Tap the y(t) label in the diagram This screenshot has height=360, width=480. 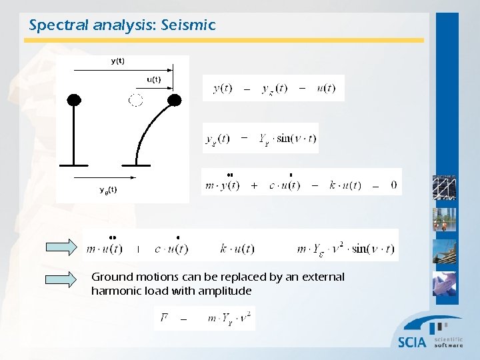click(x=117, y=61)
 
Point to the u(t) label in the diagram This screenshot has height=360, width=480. click(x=153, y=80)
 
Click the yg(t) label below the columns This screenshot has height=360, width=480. click(x=108, y=190)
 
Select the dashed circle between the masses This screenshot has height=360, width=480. click(x=135, y=100)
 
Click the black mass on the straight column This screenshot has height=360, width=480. click(x=74, y=100)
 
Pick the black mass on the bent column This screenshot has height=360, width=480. click(x=174, y=100)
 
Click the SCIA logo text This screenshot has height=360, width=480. click(x=411, y=342)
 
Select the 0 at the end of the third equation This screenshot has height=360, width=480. click(x=393, y=185)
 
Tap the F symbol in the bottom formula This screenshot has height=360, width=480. click(x=163, y=318)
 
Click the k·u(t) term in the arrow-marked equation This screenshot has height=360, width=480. click(x=237, y=249)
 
